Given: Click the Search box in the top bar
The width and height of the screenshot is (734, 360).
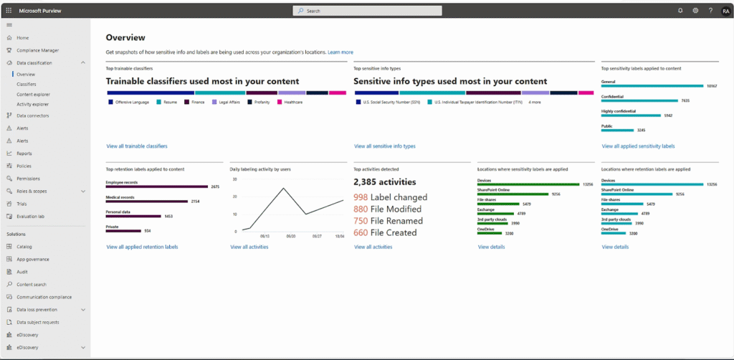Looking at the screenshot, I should tap(367, 11).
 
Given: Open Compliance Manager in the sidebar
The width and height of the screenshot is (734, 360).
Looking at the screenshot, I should tap(37, 50).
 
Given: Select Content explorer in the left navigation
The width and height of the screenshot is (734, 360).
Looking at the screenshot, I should tap(33, 94).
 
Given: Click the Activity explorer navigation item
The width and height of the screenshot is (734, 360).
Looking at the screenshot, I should tap(32, 104).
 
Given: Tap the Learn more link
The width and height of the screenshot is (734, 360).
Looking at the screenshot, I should tap(340, 52).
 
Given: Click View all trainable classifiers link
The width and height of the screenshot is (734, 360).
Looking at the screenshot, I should tap(137, 146).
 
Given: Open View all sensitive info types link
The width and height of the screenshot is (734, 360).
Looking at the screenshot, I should tap(385, 146).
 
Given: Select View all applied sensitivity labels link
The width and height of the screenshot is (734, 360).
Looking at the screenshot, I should tap(638, 146).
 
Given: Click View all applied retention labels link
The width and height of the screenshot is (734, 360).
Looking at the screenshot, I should tap(142, 247).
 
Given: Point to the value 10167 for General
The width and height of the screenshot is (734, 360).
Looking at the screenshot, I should tap(711, 86).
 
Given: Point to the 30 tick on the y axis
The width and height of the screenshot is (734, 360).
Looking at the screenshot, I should tap(235, 177).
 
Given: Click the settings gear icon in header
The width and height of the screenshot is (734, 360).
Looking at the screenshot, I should tap(695, 11).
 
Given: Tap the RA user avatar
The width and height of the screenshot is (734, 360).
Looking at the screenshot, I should tap(725, 11).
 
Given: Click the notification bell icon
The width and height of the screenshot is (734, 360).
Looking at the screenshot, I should tap(680, 11).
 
